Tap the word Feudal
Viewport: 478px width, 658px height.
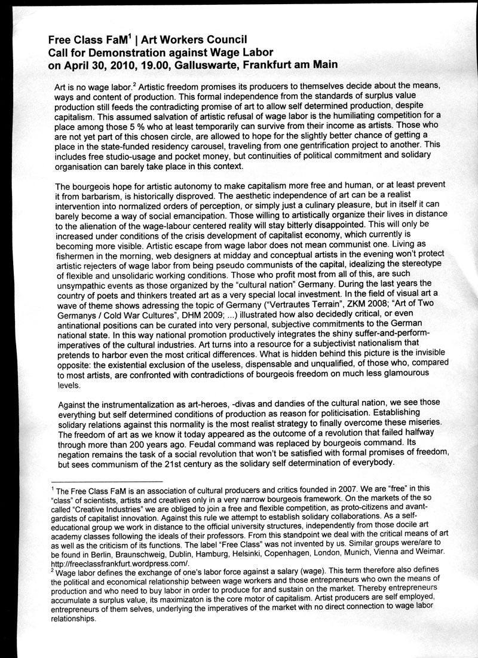click(x=228, y=445)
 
